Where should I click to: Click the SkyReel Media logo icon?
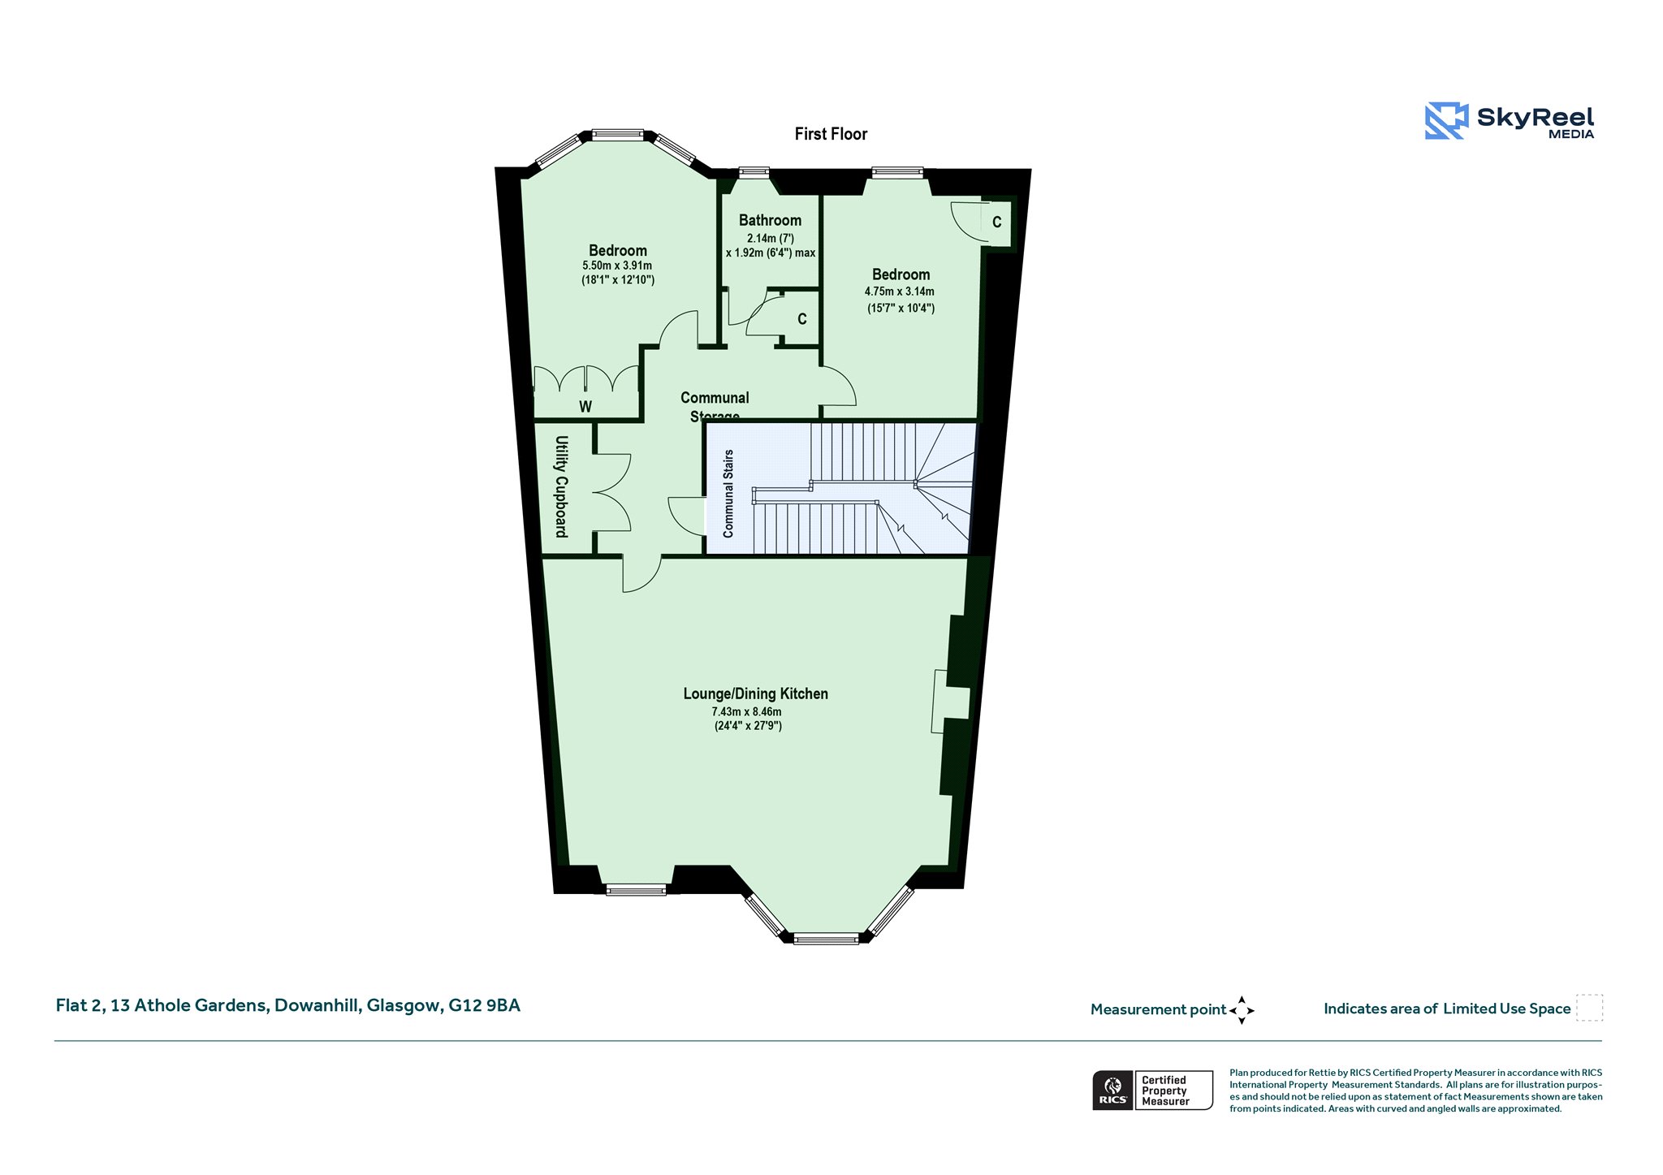point(1446,121)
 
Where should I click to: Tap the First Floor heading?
point(831,134)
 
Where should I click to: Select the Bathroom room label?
point(770,220)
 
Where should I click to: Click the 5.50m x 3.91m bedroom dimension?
point(617,266)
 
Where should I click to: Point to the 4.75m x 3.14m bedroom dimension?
point(900,292)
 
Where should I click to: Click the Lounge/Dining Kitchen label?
point(756,693)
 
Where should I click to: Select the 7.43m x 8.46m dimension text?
point(747,712)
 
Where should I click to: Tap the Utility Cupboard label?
point(561,487)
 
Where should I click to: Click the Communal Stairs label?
point(728,494)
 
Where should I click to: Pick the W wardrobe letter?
point(585,407)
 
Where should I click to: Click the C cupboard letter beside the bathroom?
point(802,319)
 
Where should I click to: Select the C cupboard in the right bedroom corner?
point(997,222)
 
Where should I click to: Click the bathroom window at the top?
point(754,171)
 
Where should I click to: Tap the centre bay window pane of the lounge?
point(826,940)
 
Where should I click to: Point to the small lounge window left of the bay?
point(636,890)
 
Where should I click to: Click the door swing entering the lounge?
point(641,575)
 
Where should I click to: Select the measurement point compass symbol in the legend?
point(1242,1011)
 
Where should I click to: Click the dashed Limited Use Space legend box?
point(1589,1008)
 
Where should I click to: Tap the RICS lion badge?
point(1113,1091)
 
